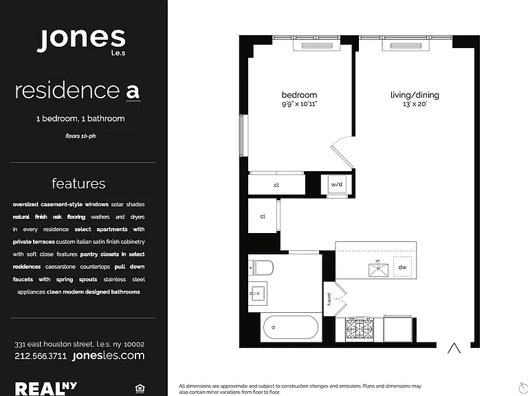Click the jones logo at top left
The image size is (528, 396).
click(x=81, y=41)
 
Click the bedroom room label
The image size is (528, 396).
click(x=299, y=95)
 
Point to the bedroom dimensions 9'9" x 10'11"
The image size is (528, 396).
click(x=299, y=104)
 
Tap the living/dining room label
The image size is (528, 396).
click(x=415, y=95)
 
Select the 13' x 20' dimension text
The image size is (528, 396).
click(x=415, y=104)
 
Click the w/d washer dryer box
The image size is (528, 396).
click(x=336, y=184)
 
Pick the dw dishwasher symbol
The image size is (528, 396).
click(x=402, y=267)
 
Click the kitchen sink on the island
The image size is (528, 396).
click(x=379, y=269)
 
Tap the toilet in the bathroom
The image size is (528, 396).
click(x=261, y=267)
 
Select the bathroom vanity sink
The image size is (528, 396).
click(x=258, y=294)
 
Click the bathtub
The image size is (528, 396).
click(x=291, y=327)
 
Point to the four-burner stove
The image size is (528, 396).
click(x=360, y=329)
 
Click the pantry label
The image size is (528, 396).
click(x=329, y=299)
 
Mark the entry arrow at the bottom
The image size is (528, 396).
click(x=454, y=348)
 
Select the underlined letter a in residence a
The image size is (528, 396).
click(x=133, y=91)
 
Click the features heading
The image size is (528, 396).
click(x=78, y=184)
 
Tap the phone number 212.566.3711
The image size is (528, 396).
click(x=41, y=356)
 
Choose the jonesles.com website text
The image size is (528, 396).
click(x=109, y=355)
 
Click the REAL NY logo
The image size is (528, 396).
click(x=46, y=388)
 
